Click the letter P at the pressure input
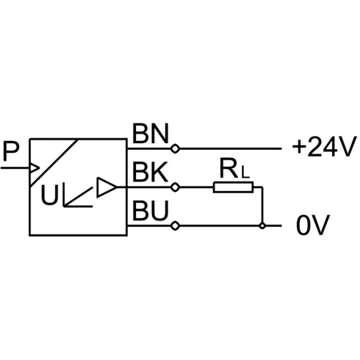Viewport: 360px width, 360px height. point(11,151)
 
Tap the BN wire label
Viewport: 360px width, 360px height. point(151,134)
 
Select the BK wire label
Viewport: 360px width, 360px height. point(151,172)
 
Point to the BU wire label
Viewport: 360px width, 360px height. point(151,210)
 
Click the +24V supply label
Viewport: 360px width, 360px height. point(324,147)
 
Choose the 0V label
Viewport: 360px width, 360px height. point(313,225)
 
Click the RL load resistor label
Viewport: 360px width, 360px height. point(234,169)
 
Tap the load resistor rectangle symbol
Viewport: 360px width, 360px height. point(233,187)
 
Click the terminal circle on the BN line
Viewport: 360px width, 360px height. point(175,148)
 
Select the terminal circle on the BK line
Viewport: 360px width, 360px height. point(175,187)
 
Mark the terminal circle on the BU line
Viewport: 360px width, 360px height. point(175,226)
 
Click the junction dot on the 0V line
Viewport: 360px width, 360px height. point(262,226)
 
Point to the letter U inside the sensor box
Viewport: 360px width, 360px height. point(50,195)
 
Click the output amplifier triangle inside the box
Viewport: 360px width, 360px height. point(107,187)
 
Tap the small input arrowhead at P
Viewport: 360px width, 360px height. point(35,168)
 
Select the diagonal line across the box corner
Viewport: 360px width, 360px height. point(54,162)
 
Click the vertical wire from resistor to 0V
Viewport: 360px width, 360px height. point(262,206)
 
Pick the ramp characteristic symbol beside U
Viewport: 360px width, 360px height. point(78,195)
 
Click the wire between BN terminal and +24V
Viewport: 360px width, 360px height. point(231,148)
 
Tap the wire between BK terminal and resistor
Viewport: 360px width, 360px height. point(196,187)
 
